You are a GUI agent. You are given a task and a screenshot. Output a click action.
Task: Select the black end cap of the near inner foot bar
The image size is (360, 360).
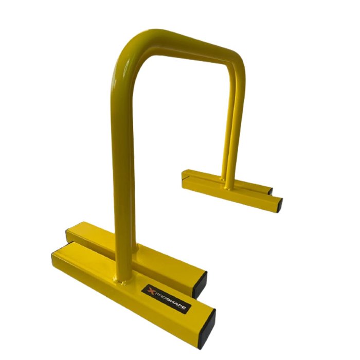pyautogui.click(x=200, y=285)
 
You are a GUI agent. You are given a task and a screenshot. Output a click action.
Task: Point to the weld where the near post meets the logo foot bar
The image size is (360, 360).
pyautogui.click(x=120, y=281)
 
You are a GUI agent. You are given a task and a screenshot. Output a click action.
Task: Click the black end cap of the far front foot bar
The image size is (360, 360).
pyautogui.click(x=280, y=205)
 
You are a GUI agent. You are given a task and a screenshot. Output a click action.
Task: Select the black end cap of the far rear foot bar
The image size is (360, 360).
pyautogui.click(x=271, y=191)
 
